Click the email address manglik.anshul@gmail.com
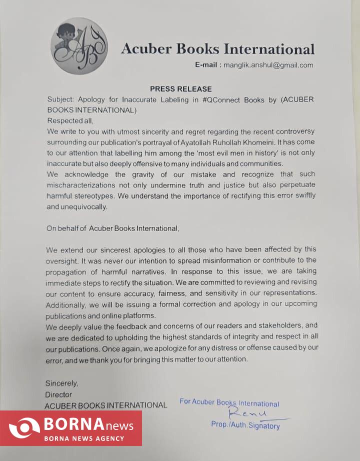click(x=268, y=65)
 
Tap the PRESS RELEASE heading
click(x=180, y=89)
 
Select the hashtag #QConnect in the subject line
click(x=221, y=99)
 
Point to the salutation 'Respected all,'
click(x=70, y=120)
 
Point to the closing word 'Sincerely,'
click(x=62, y=383)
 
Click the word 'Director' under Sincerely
click(x=58, y=394)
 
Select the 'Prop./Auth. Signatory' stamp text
click(x=245, y=425)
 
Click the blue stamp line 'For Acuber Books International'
click(x=229, y=403)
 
